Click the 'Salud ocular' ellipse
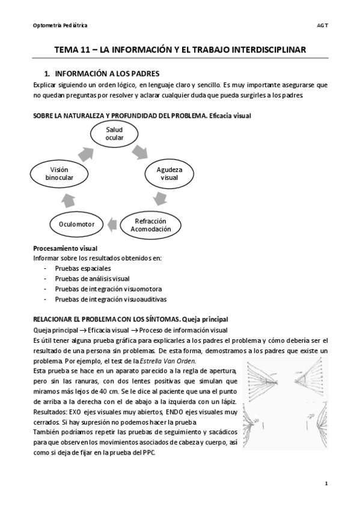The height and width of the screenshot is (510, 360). coord(114,134)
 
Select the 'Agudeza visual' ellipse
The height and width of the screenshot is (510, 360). coord(170,174)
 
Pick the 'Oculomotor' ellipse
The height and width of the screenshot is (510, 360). coord(78,224)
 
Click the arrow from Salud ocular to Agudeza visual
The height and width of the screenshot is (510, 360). coord(147,150)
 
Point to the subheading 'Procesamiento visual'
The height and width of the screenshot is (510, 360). coord(65,248)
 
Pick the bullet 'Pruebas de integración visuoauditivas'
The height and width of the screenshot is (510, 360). coord(111,298)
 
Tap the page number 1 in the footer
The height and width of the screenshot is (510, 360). coord(325,483)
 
